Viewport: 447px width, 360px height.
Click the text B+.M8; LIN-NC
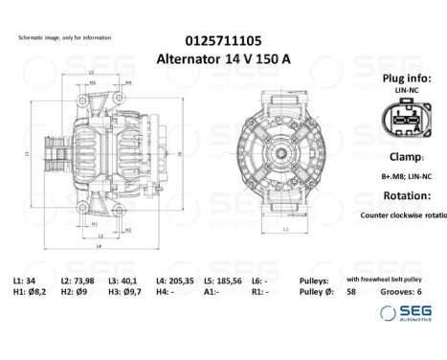[x=406, y=176]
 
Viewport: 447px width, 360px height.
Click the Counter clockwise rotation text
[x=402, y=215]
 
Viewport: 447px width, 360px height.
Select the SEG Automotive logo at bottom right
[x=407, y=313]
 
